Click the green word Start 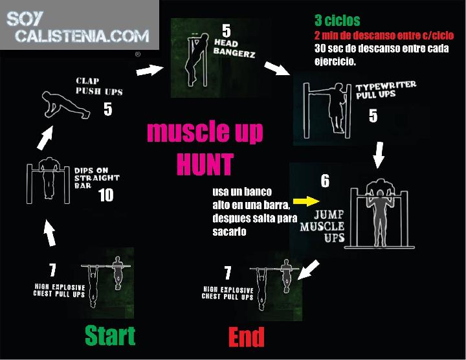(110, 335)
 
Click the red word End (247, 337)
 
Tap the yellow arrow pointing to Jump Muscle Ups (306, 201)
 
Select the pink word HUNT (205, 164)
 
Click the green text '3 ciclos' (337, 21)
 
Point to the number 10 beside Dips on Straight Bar (105, 196)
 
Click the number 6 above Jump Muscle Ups (325, 181)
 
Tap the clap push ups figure (65, 105)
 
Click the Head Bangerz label (234, 48)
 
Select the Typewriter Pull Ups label (386, 89)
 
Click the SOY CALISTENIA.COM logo (78, 27)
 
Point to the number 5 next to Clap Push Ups (108, 109)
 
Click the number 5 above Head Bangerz (226, 30)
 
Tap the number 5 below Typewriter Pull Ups (373, 116)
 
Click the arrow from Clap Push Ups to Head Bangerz (150, 70)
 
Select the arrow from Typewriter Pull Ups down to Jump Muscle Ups (379, 155)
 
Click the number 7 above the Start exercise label (52, 270)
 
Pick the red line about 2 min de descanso (384, 36)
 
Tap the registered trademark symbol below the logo (138, 54)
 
